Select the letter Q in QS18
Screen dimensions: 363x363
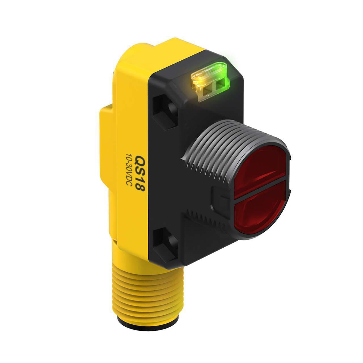(x=140, y=159)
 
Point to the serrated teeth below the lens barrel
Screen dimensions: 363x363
(x=207, y=220)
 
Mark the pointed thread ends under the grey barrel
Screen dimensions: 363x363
(x=199, y=170)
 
